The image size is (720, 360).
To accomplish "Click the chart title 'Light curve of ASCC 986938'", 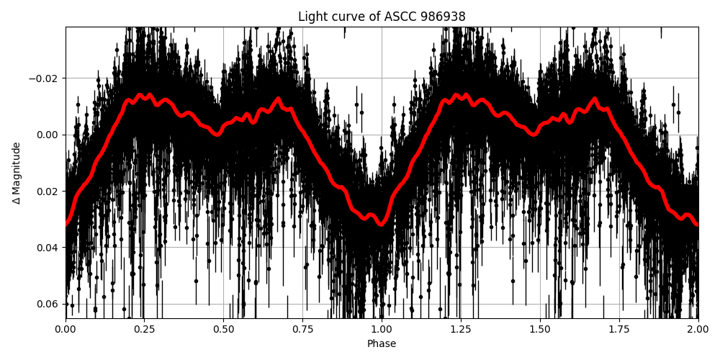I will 382,17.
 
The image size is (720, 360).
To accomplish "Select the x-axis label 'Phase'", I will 382,344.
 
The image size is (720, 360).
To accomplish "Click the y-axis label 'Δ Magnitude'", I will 17,173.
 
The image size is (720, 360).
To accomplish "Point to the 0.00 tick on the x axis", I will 66,330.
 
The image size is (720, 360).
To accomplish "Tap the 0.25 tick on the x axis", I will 145,330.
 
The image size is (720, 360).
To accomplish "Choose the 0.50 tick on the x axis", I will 224,330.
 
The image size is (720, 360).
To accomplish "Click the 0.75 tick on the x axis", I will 302,330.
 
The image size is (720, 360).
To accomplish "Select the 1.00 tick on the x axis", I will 382,330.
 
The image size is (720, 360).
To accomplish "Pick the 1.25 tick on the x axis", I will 461,330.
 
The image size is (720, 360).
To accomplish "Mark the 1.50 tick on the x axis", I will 540,330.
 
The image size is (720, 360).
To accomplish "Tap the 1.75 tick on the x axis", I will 619,330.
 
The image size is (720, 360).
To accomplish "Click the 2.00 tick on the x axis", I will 698,330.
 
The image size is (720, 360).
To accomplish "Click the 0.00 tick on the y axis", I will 49,135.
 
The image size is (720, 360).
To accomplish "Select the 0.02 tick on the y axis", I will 49,191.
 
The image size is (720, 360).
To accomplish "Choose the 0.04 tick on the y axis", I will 49,247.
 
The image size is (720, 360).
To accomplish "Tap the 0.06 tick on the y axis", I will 49,303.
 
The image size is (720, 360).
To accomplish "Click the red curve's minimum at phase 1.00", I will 382,224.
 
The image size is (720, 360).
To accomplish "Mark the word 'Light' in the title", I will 311,17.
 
